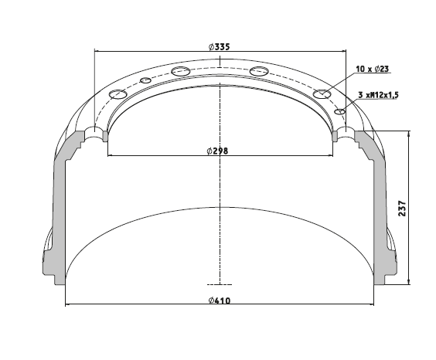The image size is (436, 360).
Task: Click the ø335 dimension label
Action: (219, 46)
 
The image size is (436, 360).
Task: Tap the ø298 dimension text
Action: (217, 151)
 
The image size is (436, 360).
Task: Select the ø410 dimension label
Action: (220, 301)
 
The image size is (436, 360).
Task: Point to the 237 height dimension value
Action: (402, 208)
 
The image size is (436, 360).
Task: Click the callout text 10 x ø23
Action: (372, 69)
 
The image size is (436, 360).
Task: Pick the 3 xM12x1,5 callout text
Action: (378, 95)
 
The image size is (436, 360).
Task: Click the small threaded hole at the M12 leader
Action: (340, 112)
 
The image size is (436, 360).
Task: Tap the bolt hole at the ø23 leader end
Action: (322, 94)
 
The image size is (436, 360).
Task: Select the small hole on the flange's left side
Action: (145, 80)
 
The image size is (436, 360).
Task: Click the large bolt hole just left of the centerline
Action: (181, 71)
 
